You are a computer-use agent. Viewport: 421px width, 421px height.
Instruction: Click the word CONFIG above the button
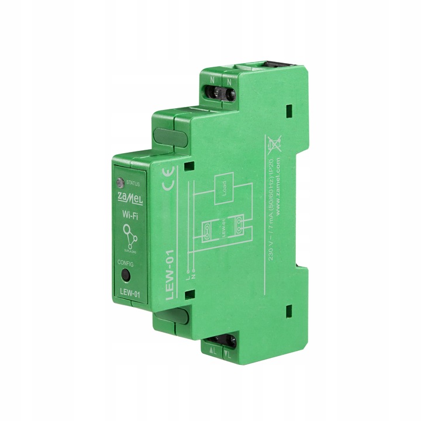[x=127, y=264]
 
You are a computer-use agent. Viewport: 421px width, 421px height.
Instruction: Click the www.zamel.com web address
[x=279, y=182]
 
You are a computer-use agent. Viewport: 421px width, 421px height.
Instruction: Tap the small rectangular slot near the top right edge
[x=288, y=109]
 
